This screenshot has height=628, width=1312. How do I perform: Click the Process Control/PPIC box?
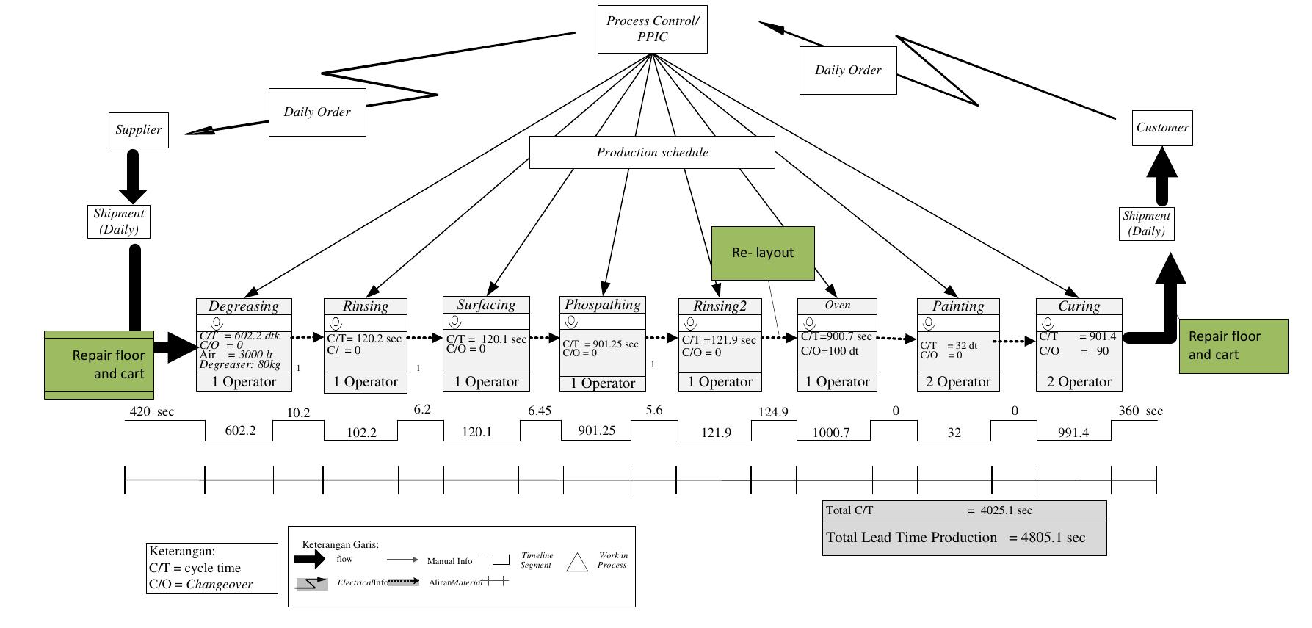click(x=652, y=29)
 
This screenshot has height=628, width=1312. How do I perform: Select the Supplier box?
click(x=138, y=130)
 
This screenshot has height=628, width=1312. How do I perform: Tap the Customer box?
click(x=1161, y=128)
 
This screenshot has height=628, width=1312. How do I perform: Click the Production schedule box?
click(x=652, y=152)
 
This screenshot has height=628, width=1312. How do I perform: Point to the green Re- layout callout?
click(x=763, y=253)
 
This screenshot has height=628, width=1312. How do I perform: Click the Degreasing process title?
click(x=244, y=306)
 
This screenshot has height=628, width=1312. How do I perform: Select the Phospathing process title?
click(x=602, y=305)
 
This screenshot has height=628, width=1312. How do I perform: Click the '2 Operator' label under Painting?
click(x=958, y=382)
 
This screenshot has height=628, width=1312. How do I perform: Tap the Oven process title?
click(x=837, y=305)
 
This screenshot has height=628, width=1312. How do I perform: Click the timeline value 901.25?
click(x=596, y=430)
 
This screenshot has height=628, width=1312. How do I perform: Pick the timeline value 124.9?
click(x=772, y=412)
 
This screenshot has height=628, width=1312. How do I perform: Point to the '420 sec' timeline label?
click(x=152, y=411)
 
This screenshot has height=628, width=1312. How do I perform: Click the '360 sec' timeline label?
click(x=1140, y=411)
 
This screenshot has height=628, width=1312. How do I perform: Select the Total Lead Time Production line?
click(x=955, y=538)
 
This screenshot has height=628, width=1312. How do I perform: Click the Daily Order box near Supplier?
click(x=317, y=112)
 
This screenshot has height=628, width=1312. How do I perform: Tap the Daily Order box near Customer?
click(x=847, y=71)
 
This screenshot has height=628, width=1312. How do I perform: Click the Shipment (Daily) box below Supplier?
click(x=118, y=222)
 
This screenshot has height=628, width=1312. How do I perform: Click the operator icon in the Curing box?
click(x=1048, y=323)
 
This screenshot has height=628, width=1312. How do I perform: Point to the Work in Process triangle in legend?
click(x=578, y=562)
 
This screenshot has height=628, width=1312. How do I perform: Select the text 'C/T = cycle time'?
click(x=195, y=568)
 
